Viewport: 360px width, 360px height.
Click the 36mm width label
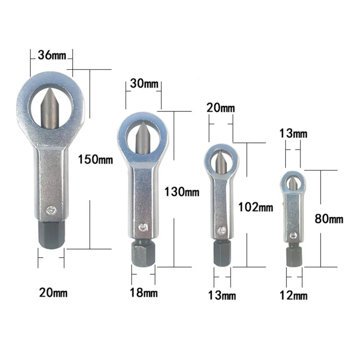point(52,55)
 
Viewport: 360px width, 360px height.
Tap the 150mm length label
point(95,159)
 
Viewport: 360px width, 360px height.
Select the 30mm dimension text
point(144,84)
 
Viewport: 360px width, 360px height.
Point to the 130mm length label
point(182,192)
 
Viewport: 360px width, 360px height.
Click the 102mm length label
point(256,207)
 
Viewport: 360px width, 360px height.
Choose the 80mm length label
point(329,219)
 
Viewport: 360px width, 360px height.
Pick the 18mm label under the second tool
point(144,293)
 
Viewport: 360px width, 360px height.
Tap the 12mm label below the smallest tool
point(293,295)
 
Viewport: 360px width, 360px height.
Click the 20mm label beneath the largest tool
point(53,293)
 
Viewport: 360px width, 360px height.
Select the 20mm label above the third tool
point(221,108)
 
